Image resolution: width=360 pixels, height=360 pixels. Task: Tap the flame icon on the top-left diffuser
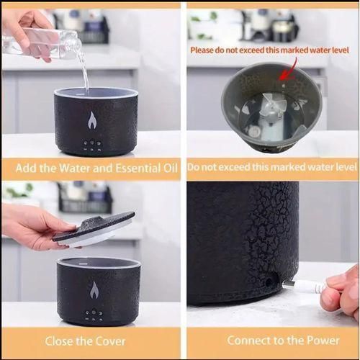[x=92, y=120]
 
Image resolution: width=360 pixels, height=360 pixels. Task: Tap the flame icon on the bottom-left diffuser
[x=94, y=289]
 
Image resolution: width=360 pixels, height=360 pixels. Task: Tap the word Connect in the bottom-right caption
[x=248, y=341]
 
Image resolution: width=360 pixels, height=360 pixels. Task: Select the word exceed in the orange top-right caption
[x=235, y=167]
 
